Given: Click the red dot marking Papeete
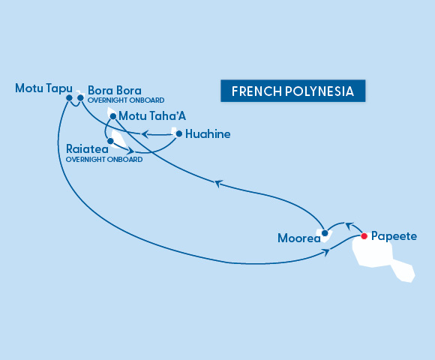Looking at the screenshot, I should tap(364, 236).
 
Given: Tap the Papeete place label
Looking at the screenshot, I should tap(394, 236).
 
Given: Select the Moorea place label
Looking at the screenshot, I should tap(298, 239).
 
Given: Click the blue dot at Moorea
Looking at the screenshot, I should tap(325, 233).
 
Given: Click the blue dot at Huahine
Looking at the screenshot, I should tap(178, 134).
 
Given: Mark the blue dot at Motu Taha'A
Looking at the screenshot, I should tap(112, 116).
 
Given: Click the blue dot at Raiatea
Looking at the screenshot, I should tap(110, 140).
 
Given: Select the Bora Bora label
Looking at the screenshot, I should tap(115, 89).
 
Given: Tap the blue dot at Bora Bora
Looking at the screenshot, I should tap(80, 97).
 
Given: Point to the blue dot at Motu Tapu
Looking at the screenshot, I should tap(69, 97).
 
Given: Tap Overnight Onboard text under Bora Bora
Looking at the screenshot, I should tap(126, 100).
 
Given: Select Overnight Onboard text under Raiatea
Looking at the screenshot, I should tap(103, 159).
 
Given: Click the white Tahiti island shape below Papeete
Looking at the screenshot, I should tap(379, 255).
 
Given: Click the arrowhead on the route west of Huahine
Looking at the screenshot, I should tap(145, 135).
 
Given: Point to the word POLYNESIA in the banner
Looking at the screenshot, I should tap(318, 91).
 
